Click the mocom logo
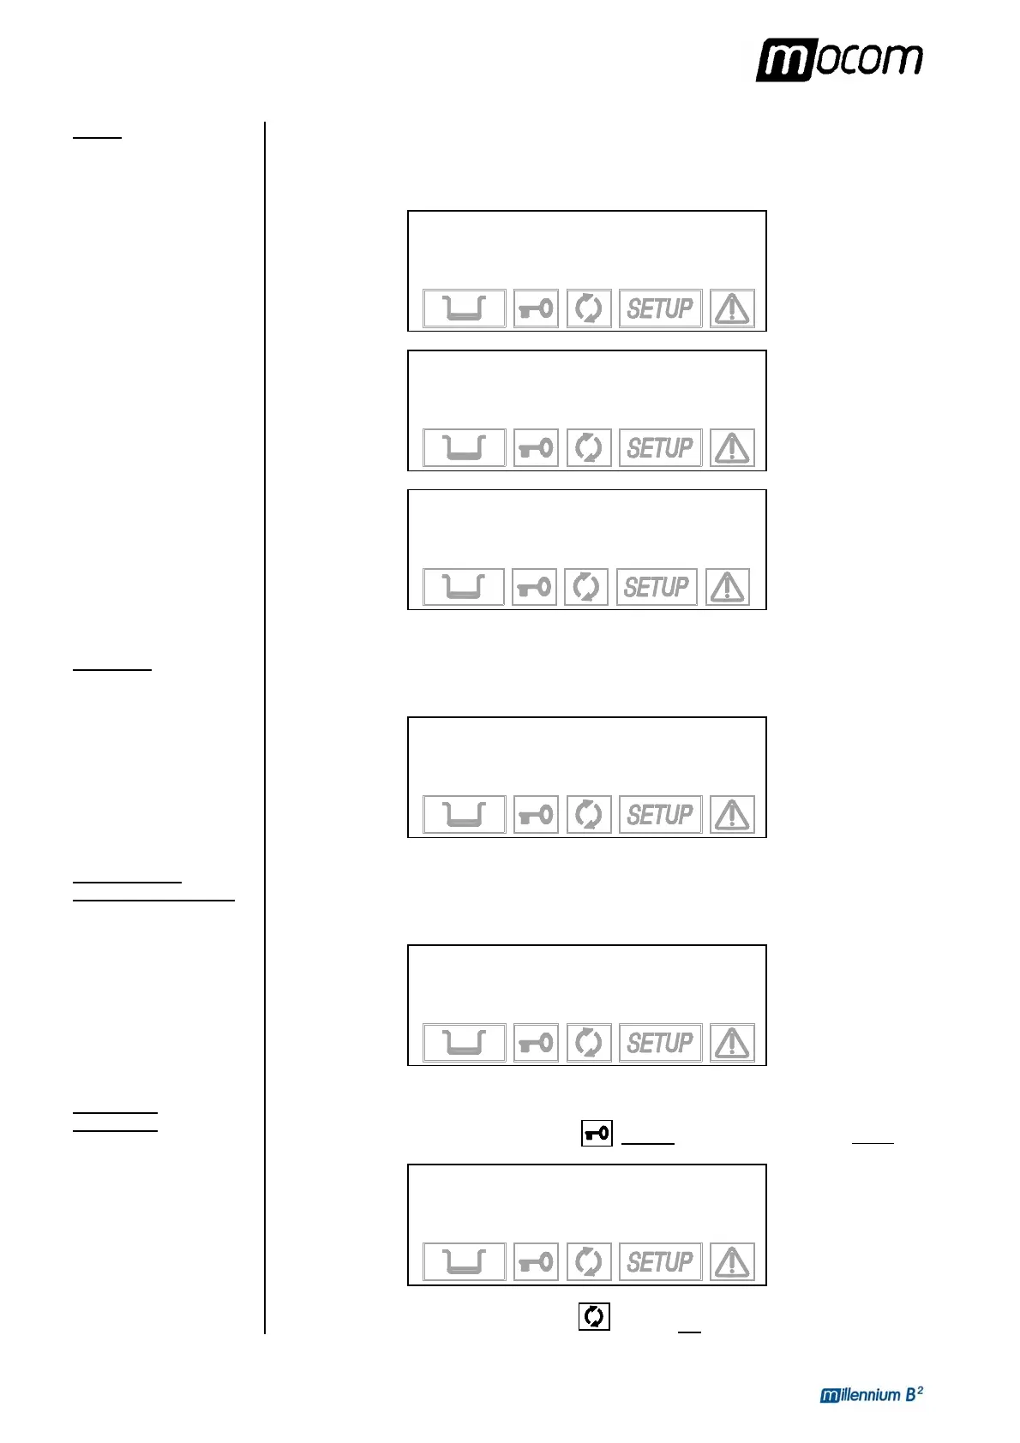(x=838, y=60)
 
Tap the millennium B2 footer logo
(x=871, y=1394)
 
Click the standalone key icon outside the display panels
(x=597, y=1134)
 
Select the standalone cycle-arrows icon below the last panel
(x=594, y=1316)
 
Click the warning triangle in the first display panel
(x=732, y=308)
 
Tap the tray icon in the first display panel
(x=464, y=308)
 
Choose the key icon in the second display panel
(x=536, y=448)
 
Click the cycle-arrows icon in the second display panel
(x=589, y=448)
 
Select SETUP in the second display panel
(x=660, y=448)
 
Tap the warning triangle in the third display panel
(x=728, y=587)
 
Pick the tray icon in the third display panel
(x=463, y=587)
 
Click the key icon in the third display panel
(x=534, y=587)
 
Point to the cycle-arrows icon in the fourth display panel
(x=589, y=814)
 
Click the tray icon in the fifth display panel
(x=464, y=1043)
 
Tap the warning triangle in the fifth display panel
(x=732, y=1043)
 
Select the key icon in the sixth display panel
(x=536, y=1261)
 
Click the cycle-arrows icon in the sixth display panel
(x=589, y=1261)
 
